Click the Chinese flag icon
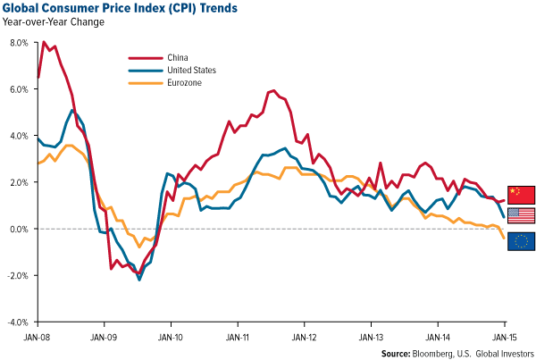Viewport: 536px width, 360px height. pos(521,194)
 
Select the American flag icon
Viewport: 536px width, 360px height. pos(521,215)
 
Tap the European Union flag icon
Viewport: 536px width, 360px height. pos(521,240)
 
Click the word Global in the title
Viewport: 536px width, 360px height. pos(26,10)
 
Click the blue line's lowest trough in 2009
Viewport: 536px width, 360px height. pos(138,279)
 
